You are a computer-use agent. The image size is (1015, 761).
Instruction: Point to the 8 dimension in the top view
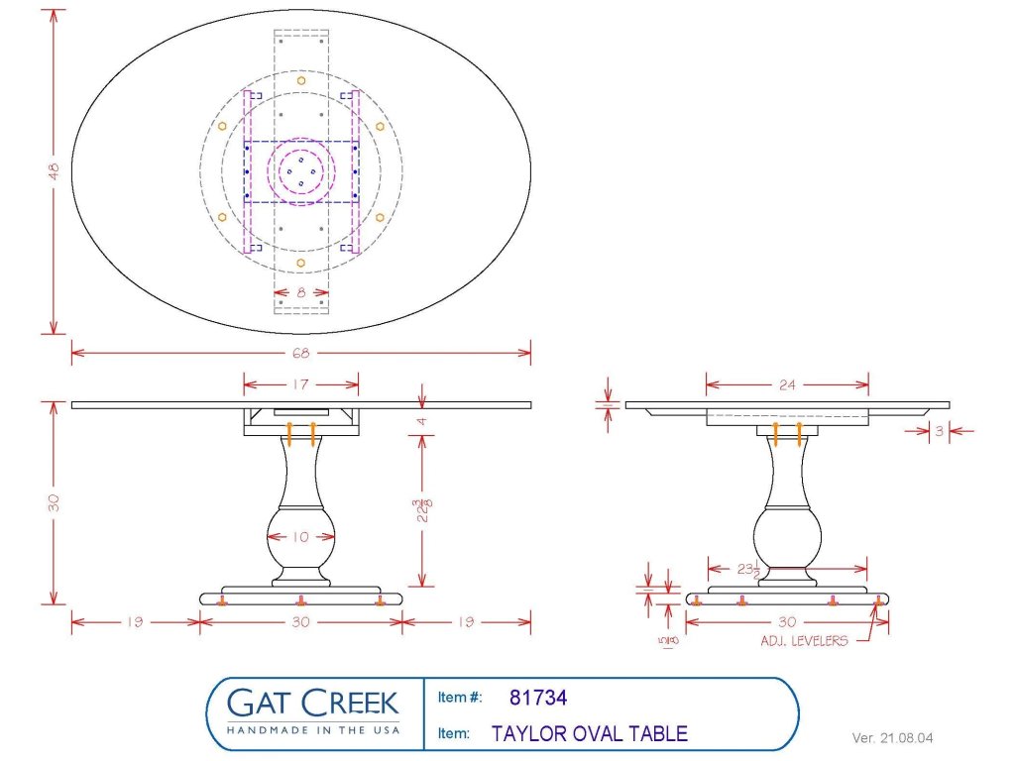(x=300, y=292)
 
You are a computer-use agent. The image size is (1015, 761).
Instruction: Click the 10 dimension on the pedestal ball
(x=300, y=537)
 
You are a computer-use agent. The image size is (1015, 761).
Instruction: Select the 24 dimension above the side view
(x=787, y=384)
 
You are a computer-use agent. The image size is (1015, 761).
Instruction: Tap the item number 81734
(x=538, y=698)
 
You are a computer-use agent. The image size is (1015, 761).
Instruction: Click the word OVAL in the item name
(x=590, y=734)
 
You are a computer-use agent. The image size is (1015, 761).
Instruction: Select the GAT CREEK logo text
(x=312, y=704)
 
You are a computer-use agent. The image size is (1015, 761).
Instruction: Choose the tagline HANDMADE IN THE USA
(x=312, y=730)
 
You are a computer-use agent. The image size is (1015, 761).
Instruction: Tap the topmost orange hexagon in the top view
(x=300, y=79)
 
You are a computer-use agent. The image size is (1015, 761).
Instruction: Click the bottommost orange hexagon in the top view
(x=300, y=264)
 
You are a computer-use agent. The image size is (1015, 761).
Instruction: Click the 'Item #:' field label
(x=459, y=698)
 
